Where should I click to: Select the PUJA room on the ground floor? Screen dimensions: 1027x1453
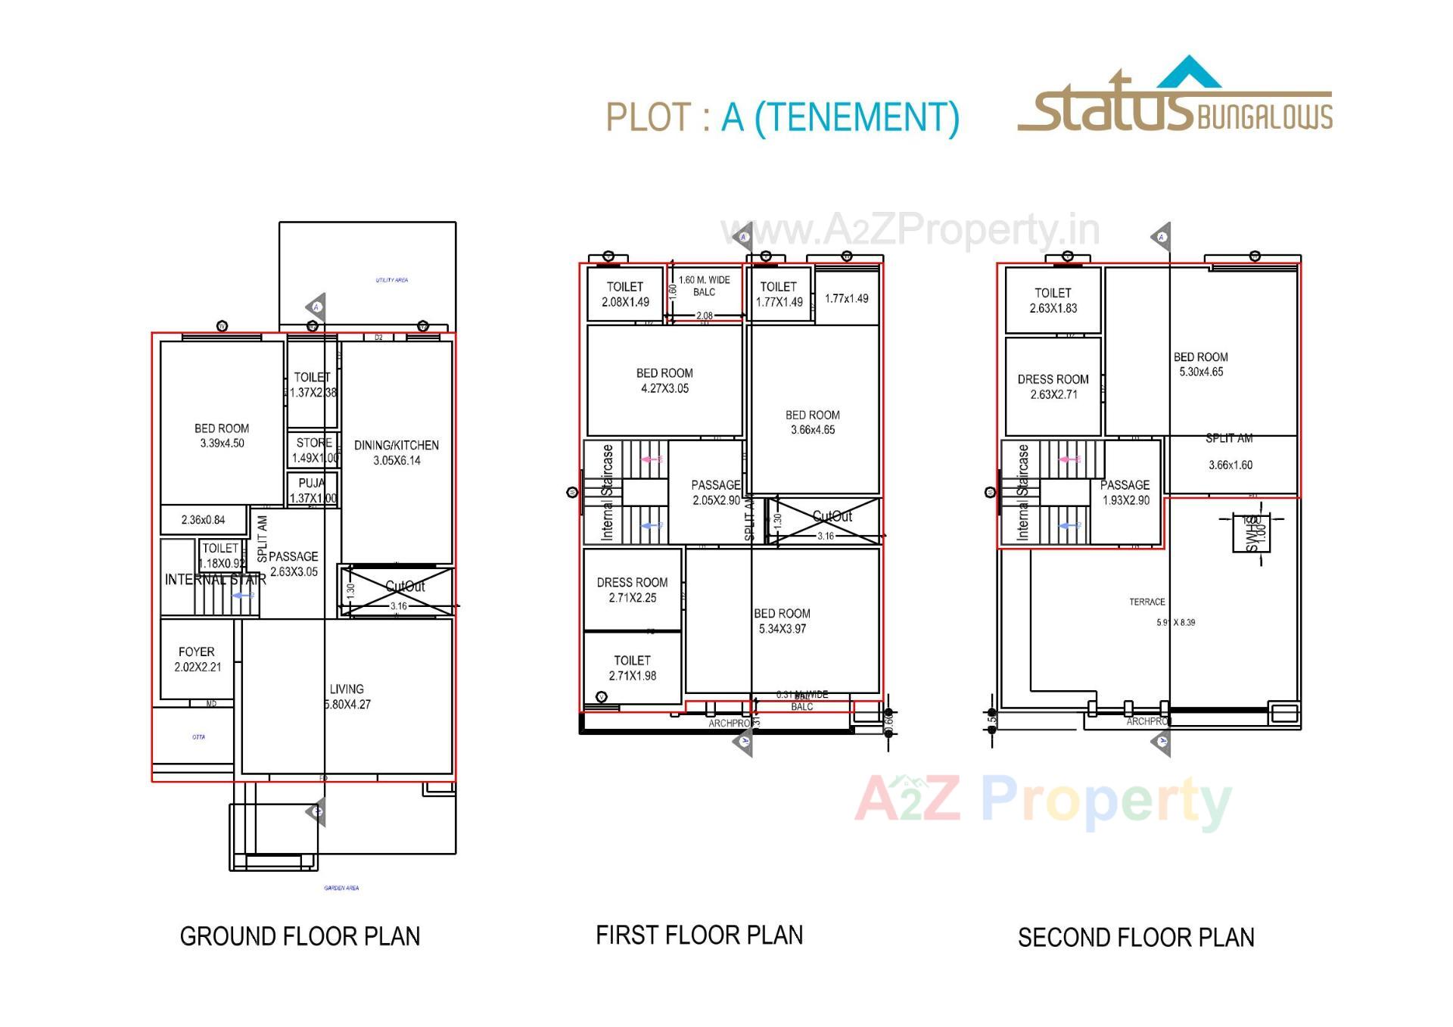tap(312, 490)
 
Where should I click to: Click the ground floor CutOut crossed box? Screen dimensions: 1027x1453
tap(398, 590)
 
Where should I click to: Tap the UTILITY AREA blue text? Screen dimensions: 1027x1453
tap(392, 280)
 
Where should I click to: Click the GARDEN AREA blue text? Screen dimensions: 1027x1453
tap(341, 888)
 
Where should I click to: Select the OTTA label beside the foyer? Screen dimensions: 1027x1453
tap(198, 737)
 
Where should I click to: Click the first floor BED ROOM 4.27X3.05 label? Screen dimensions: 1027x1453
tap(664, 381)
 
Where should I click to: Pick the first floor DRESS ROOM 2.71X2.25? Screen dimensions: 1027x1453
tap(632, 590)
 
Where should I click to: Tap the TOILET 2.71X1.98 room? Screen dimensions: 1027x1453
tap(632, 668)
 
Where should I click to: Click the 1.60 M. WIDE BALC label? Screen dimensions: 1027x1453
tap(704, 286)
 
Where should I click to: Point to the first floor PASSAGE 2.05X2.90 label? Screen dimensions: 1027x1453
tap(716, 492)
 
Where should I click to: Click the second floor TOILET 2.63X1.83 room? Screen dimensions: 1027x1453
tap(1053, 300)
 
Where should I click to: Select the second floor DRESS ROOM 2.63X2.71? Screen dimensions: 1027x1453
tap(1053, 386)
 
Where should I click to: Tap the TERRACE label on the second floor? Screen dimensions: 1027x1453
tap(1147, 602)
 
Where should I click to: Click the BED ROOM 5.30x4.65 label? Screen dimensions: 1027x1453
tap(1201, 364)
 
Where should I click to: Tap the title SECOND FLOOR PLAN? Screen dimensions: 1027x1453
tap(1136, 938)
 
